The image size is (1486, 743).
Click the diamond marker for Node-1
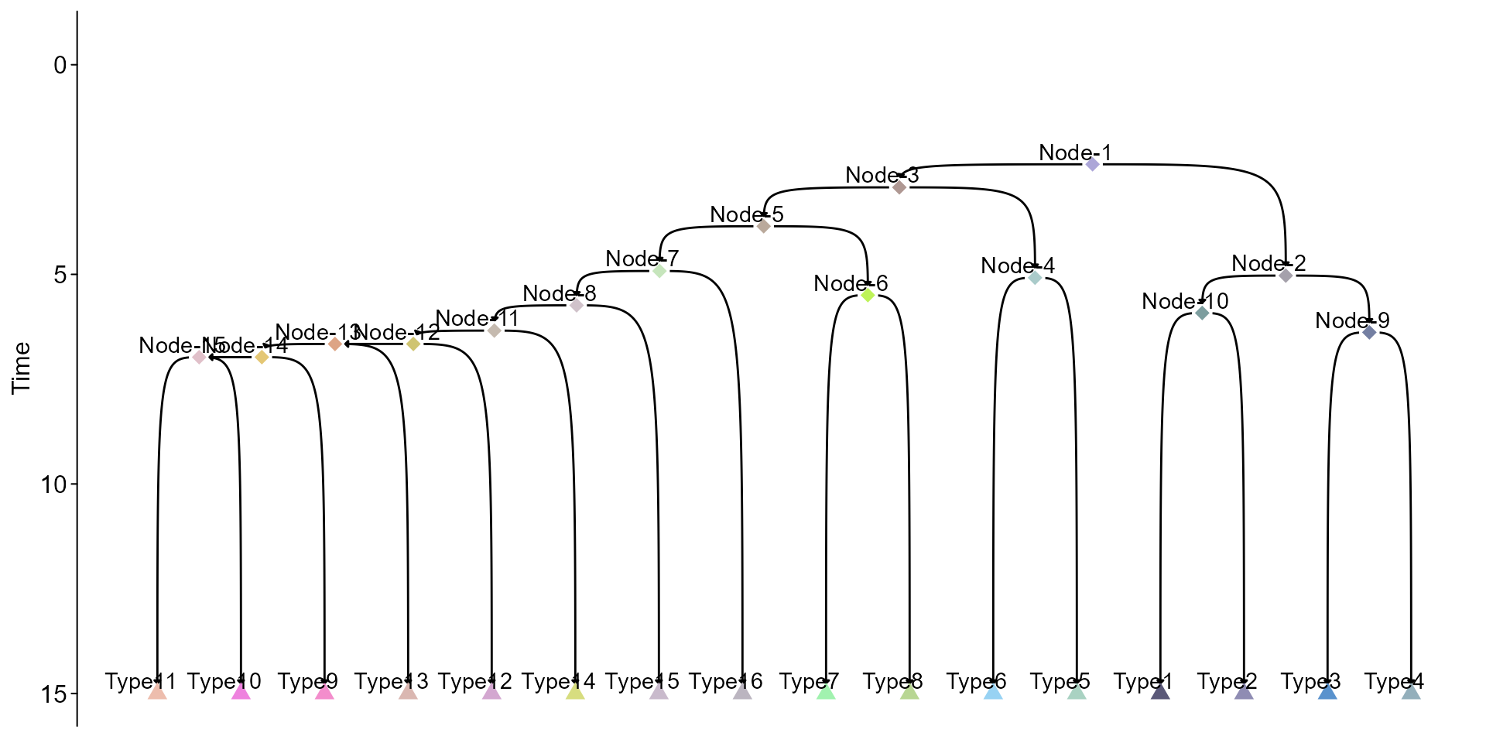tap(1092, 164)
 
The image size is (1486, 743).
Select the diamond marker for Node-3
tap(899, 187)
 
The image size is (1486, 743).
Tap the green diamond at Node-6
tap(868, 295)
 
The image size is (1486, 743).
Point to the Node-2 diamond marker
tap(1286, 276)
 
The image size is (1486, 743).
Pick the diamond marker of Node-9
tap(1369, 332)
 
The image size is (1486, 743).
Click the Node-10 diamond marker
tap(1202, 313)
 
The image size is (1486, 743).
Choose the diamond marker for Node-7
tap(659, 270)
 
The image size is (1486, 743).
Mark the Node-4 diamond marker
tap(1036, 277)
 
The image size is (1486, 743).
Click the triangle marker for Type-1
tap(1160, 691)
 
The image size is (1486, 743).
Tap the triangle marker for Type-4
tap(1411, 691)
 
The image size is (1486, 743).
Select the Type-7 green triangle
tap(826, 691)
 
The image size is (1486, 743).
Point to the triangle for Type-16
tap(742, 691)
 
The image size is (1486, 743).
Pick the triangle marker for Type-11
tap(157, 691)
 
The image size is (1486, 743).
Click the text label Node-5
tap(747, 214)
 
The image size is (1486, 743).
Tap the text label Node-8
tap(560, 293)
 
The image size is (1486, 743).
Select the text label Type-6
tap(976, 682)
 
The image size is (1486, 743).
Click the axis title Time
tap(22, 368)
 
